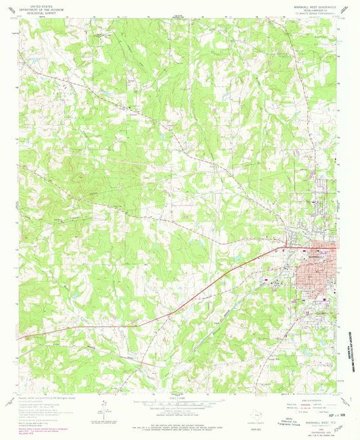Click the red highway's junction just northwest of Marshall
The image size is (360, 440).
click(x=289, y=242)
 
